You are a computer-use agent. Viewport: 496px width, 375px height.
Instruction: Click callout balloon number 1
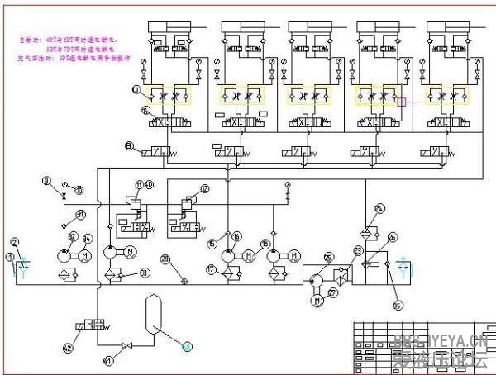[10, 257]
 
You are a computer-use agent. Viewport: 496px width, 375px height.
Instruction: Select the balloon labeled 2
[14, 241]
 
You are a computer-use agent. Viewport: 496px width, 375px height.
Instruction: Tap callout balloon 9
[46, 181]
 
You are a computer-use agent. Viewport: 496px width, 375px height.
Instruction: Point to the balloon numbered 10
[79, 191]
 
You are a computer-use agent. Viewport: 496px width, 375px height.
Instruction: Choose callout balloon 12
[204, 189]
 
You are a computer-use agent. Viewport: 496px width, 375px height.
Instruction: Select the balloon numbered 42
[68, 348]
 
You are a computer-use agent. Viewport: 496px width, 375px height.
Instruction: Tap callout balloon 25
[328, 257]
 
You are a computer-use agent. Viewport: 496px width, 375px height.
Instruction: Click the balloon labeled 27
[333, 292]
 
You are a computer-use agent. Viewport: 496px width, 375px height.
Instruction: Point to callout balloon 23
[358, 249]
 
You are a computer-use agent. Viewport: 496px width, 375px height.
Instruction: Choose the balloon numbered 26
[392, 237]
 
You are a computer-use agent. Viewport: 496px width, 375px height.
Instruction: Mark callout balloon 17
[211, 269]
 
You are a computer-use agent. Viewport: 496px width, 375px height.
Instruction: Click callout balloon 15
[212, 243]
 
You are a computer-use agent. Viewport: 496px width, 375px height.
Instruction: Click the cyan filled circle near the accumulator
[187, 344]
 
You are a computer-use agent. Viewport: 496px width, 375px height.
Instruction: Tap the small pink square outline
[403, 102]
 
